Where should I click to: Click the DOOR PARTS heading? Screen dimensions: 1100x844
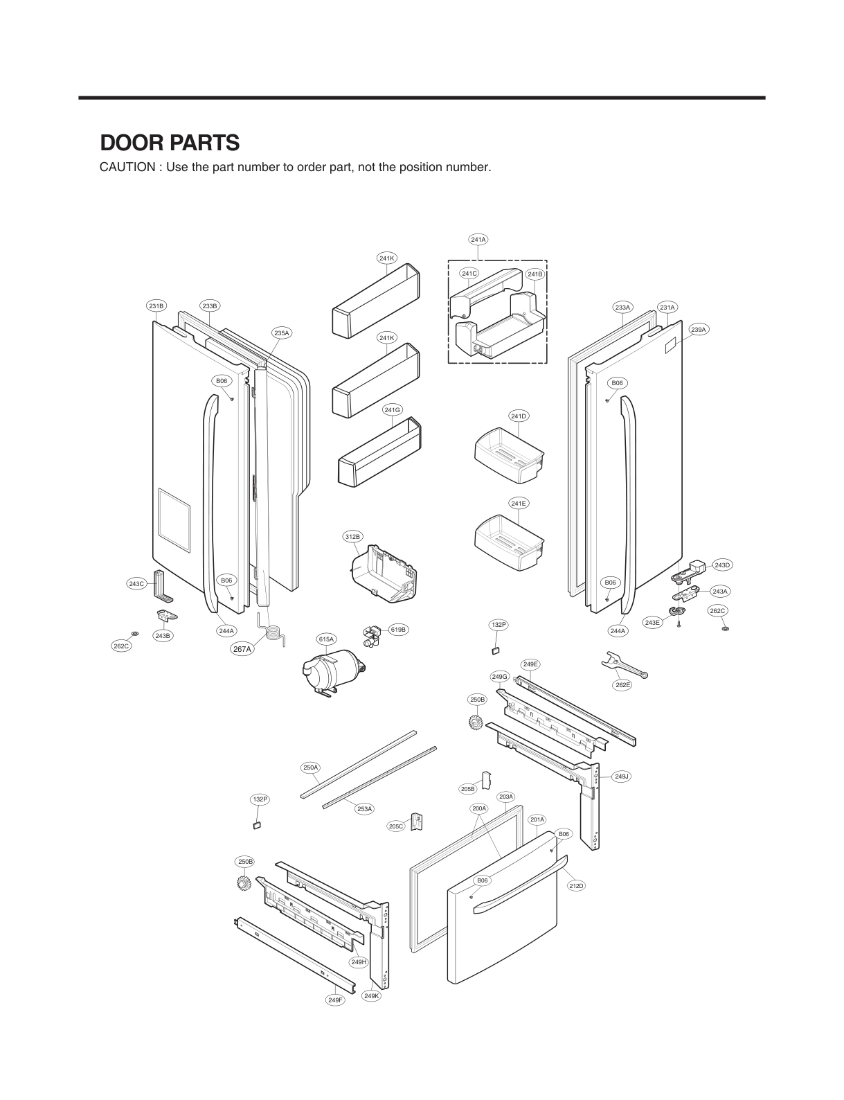coord(170,143)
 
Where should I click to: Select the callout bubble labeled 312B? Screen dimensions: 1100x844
coord(352,537)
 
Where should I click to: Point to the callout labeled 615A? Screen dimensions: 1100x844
coord(326,639)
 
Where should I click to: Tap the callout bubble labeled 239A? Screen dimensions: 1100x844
coord(699,330)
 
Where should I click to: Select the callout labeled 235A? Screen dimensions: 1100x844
coord(281,333)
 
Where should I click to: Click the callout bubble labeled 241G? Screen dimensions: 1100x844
coord(392,410)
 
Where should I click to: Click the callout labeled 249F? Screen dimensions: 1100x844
coord(334,1000)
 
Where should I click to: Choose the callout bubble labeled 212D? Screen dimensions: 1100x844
coord(576,886)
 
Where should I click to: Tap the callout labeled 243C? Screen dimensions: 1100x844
coord(136,584)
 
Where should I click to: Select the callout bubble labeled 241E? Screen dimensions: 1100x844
coord(518,504)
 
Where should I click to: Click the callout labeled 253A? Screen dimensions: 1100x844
coord(365,808)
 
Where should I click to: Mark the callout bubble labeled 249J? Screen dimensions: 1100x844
coord(621,777)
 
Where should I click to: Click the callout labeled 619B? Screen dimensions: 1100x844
coord(397,630)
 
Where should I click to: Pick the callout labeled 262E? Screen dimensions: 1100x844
coord(622,685)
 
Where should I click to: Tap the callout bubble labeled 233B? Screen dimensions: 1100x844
coord(210,305)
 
